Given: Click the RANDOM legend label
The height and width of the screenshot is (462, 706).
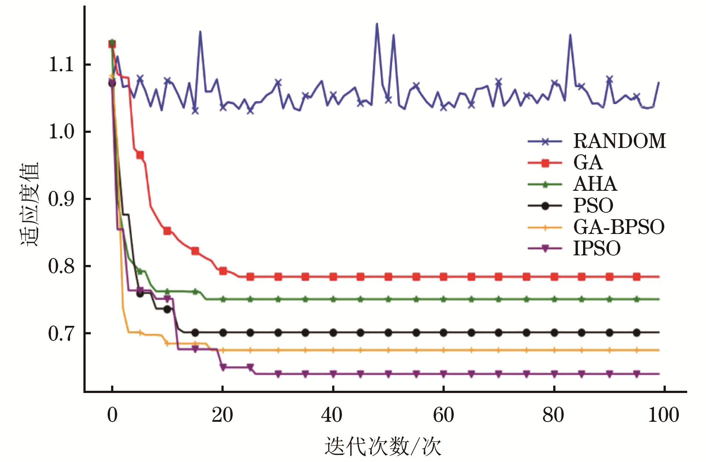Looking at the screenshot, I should pyautogui.click(x=620, y=141).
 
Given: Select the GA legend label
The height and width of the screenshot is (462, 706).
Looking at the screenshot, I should pyautogui.click(x=588, y=162).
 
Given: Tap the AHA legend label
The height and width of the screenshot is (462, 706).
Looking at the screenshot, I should pyautogui.click(x=595, y=184).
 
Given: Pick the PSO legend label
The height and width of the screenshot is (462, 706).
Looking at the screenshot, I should pyautogui.click(x=593, y=206).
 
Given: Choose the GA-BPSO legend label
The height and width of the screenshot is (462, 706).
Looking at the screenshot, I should pyautogui.click(x=619, y=227).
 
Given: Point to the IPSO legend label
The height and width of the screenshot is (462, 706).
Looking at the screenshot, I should pyautogui.click(x=597, y=248).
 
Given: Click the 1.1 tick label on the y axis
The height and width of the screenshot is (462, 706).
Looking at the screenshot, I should pyautogui.click(x=61, y=65).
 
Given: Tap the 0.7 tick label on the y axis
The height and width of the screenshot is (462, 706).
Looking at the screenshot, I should pyautogui.click(x=61, y=334).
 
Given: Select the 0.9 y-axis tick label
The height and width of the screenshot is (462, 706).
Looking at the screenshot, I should pyautogui.click(x=61, y=199).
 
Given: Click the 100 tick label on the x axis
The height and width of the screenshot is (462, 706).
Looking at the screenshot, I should pyautogui.click(x=664, y=415).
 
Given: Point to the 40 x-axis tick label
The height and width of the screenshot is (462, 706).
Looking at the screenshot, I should pyautogui.click(x=332, y=415).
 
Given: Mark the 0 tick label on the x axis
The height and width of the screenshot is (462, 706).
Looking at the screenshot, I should pyautogui.click(x=112, y=415).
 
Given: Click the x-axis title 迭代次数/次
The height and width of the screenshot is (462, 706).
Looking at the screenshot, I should pyautogui.click(x=383, y=446).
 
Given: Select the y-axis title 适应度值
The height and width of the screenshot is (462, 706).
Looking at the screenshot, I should pyautogui.click(x=30, y=204).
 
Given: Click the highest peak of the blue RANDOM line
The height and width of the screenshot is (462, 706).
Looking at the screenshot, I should pyautogui.click(x=377, y=24).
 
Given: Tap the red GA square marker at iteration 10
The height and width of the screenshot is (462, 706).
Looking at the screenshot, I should pyautogui.click(x=167, y=231).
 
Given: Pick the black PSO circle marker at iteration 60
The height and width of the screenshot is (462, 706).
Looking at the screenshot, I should pyautogui.click(x=443, y=332).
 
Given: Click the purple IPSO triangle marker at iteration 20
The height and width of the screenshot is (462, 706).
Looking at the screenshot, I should pyautogui.click(x=223, y=367).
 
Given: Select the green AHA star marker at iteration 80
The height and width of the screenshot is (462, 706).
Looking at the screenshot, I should pyautogui.click(x=554, y=299).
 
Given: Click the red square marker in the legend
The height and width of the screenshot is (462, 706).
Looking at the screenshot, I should pyautogui.click(x=545, y=163).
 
